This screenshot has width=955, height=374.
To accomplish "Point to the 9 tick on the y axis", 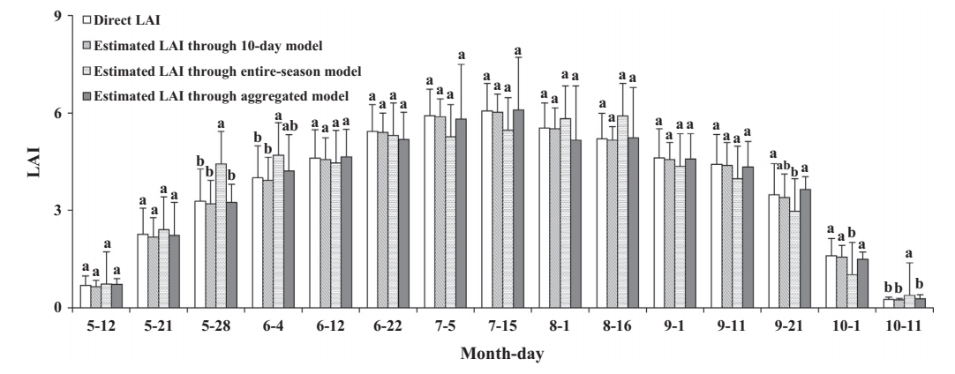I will (57, 16).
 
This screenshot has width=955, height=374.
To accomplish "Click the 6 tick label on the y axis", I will (57, 114).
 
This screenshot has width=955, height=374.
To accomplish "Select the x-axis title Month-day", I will (500, 354).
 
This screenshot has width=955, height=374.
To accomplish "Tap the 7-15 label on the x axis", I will (500, 324).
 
